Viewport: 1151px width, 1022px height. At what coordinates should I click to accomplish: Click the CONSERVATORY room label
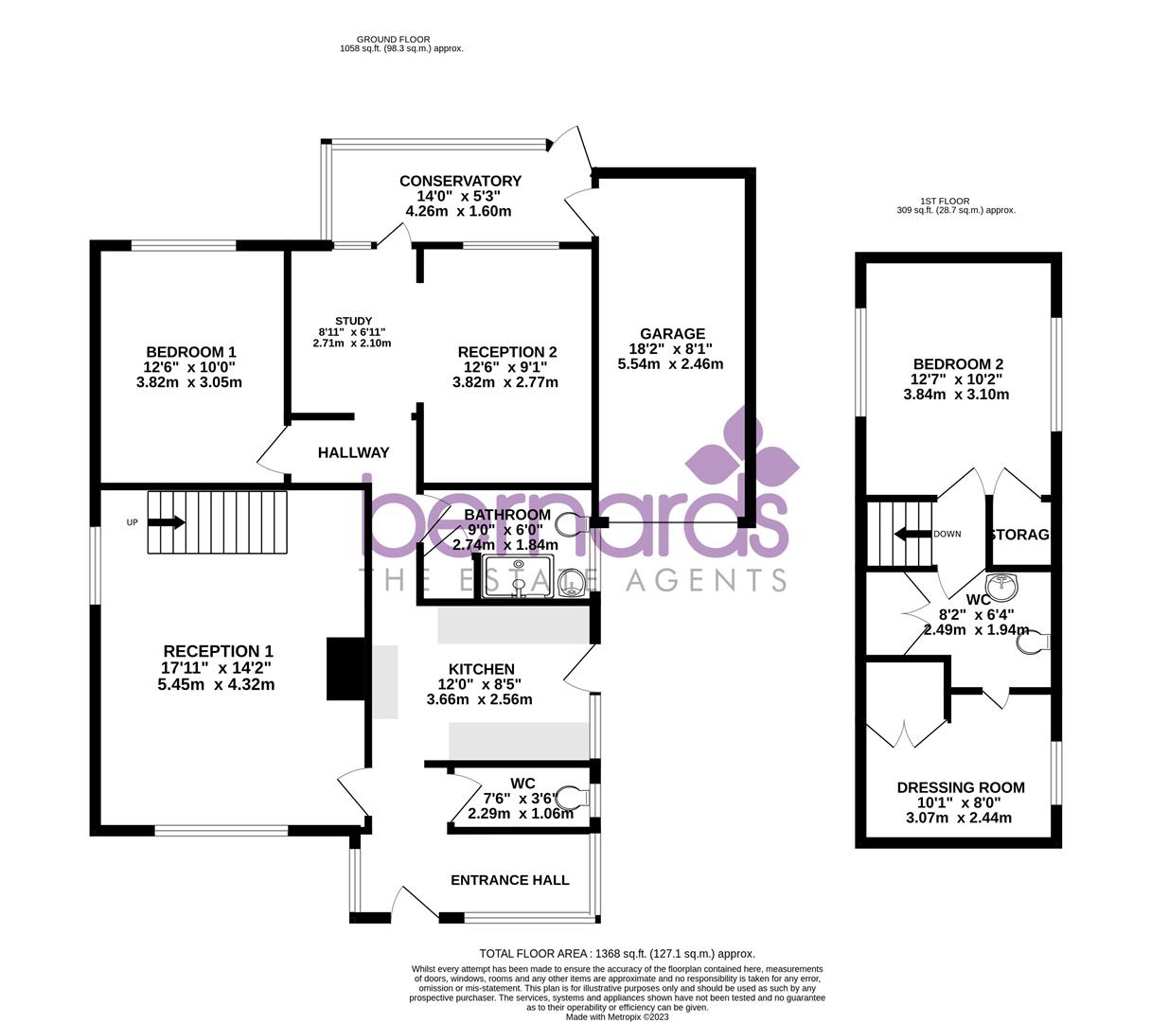click(460, 181)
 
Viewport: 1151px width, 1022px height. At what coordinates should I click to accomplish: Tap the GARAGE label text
click(672, 334)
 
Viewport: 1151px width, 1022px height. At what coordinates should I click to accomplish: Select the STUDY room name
click(353, 321)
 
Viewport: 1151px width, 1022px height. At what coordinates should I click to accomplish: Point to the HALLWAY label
click(353, 453)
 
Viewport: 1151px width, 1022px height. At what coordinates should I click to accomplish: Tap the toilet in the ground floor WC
click(570, 796)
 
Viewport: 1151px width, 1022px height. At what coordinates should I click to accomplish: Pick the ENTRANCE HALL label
click(509, 880)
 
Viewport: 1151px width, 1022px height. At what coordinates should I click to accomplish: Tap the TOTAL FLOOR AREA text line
click(617, 954)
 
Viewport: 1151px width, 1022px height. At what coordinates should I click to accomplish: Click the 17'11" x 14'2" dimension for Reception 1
click(218, 668)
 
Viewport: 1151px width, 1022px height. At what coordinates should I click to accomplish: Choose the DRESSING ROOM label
click(961, 787)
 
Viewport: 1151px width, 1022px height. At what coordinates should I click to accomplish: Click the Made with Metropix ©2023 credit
click(616, 1017)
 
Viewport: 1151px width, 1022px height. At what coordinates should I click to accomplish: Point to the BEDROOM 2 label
click(958, 364)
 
